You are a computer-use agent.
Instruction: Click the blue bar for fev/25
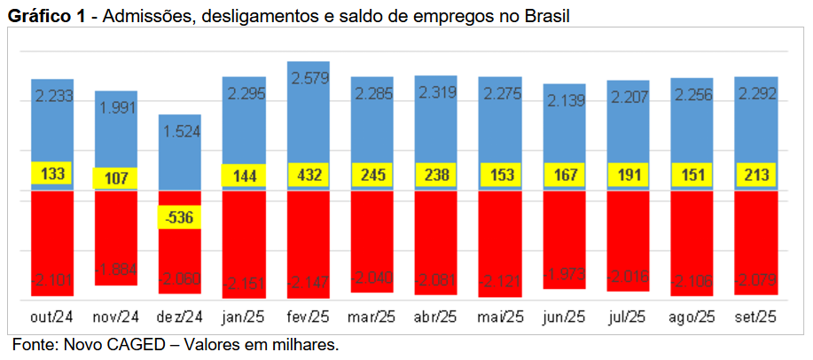(308, 124)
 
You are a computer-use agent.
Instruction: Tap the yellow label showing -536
(180, 216)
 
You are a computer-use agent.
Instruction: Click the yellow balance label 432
(308, 175)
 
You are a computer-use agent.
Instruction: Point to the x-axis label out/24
(51, 316)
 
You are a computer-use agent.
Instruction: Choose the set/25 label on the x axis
(756, 316)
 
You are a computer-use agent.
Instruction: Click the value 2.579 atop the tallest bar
(309, 78)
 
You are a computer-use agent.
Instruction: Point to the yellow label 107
(116, 176)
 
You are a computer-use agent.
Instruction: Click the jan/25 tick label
(244, 316)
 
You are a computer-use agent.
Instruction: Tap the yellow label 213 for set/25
(755, 175)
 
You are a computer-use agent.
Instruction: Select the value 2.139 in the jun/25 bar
(565, 101)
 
